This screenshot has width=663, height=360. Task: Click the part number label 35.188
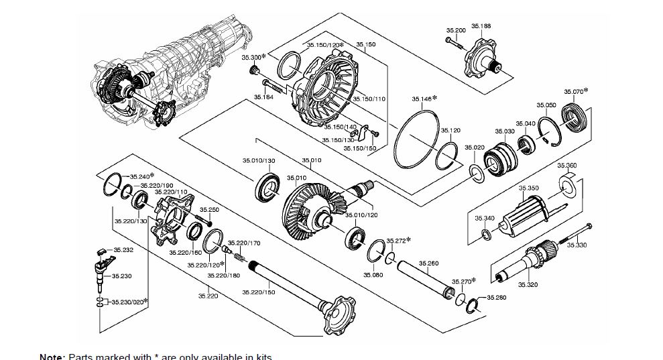481,25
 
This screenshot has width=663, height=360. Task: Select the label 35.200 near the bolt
456,31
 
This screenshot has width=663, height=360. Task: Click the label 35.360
566,165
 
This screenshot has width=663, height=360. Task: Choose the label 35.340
485,218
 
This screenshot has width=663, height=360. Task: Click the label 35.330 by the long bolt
577,245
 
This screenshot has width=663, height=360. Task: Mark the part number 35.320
528,285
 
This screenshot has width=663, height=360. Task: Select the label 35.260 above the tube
428,263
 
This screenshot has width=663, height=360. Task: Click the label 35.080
373,275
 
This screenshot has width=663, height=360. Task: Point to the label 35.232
123,250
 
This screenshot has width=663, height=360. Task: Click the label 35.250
210,210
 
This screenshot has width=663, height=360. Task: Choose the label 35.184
263,97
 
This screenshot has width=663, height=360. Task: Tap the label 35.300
251,58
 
